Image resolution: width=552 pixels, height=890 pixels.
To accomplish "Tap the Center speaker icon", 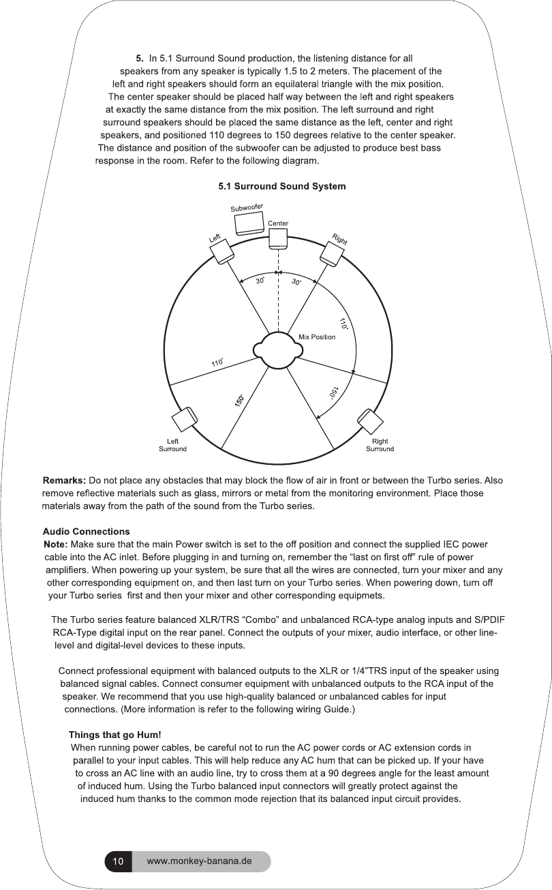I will [277, 238].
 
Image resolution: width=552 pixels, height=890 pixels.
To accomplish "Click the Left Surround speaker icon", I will [184, 420].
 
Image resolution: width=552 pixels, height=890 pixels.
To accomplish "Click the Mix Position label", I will [318, 337].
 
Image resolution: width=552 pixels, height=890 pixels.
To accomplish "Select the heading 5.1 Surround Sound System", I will [281, 186].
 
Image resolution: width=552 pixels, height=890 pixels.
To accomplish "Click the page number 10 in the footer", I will [118, 861].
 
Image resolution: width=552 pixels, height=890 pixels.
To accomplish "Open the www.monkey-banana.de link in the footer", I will [200, 861].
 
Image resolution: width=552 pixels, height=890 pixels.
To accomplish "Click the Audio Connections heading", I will [86, 532].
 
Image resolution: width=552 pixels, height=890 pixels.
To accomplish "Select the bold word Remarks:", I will [64, 481].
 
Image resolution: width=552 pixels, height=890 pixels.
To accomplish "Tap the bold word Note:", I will [55, 544].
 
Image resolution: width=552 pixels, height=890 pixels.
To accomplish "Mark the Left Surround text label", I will [172, 445].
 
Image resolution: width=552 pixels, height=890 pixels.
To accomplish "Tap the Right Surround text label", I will [380, 445].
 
